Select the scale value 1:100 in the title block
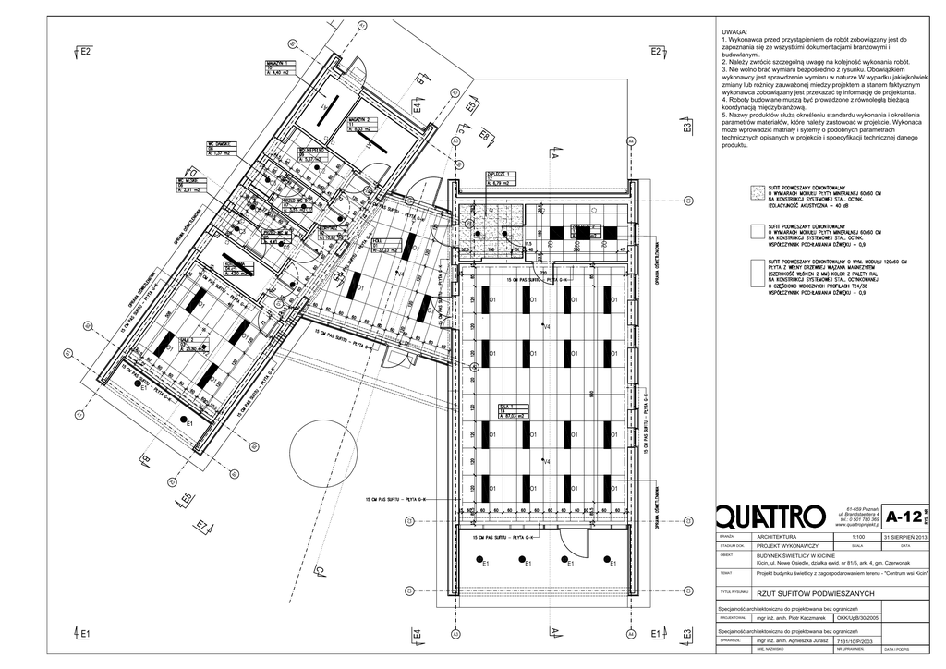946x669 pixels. tap(856, 536)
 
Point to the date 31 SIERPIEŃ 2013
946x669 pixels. tap(904, 536)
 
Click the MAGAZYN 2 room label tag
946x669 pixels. tap(361, 125)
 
